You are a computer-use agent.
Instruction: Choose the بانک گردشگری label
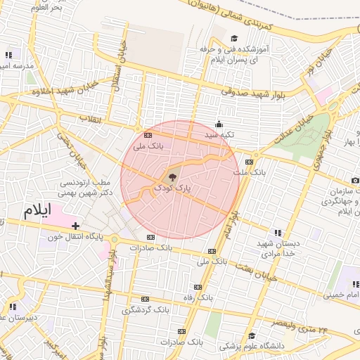[146, 310]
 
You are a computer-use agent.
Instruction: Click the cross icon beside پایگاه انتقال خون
[75, 225]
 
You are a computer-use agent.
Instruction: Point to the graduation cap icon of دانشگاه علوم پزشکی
[251, 335]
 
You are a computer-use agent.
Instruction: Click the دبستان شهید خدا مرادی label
[278, 248]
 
